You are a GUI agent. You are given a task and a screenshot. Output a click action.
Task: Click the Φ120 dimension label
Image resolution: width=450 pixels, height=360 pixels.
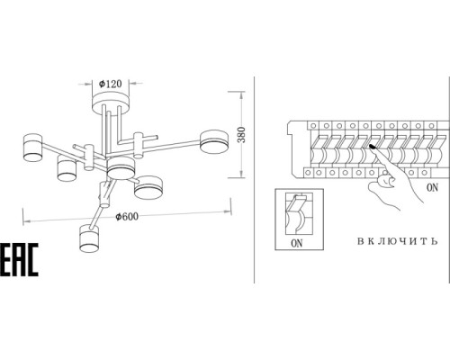pos(111,84)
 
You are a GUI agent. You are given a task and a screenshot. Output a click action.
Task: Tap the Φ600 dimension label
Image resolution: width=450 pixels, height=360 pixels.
pos(128,216)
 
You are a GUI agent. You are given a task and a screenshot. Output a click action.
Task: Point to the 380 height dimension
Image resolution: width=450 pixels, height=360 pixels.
pos(241,135)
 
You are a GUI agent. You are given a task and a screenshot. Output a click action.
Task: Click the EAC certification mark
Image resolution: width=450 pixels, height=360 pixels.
pos(19,259)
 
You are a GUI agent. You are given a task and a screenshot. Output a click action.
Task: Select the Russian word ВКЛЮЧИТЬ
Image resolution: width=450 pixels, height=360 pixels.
pos(398,241)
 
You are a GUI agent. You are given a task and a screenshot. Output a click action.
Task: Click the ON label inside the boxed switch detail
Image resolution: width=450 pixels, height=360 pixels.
pos(297,243)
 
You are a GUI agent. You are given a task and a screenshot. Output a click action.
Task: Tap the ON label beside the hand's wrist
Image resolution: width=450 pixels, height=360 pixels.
pos(432,188)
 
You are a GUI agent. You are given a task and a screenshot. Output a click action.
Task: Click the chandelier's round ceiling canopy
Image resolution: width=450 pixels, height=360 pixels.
pos(111,103)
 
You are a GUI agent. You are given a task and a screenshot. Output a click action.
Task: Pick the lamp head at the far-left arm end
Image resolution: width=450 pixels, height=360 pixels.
pos(33,148)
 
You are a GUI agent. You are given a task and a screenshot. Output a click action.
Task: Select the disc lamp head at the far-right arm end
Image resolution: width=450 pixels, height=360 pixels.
pos(214,141)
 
